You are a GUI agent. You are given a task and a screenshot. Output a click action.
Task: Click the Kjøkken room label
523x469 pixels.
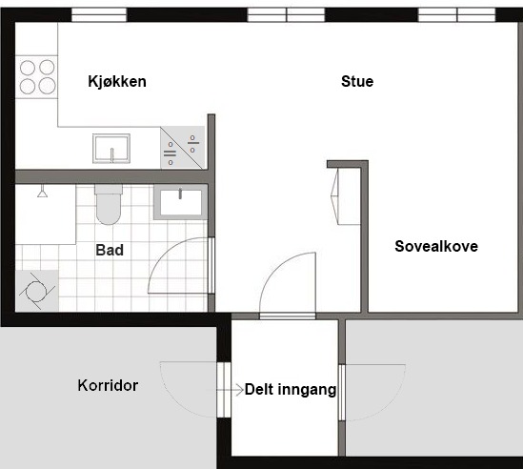117,81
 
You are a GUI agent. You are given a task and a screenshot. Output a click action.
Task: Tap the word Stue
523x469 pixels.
357,81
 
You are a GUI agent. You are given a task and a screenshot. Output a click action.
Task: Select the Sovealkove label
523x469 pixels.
436,246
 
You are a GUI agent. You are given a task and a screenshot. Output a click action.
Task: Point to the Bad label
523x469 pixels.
110,250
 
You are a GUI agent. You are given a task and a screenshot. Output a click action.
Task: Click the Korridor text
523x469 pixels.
108,385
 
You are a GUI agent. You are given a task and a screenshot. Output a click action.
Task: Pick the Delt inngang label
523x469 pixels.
291,390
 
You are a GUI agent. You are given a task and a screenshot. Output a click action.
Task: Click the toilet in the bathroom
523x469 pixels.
109,204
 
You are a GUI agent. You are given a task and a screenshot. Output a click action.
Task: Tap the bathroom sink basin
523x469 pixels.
180,202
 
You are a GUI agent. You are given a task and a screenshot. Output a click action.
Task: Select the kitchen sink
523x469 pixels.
111,149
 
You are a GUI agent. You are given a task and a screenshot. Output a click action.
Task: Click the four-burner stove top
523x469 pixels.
37,77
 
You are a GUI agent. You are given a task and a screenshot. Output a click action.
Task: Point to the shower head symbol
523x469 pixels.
42,192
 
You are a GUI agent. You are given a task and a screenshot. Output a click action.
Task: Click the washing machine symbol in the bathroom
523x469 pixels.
37,291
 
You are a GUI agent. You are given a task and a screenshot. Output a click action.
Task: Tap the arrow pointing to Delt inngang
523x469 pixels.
231,390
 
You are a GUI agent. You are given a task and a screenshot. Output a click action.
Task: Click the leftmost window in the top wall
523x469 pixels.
99,15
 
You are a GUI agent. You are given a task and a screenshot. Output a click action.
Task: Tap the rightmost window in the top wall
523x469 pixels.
457,15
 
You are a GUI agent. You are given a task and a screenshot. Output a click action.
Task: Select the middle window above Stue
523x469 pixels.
286,15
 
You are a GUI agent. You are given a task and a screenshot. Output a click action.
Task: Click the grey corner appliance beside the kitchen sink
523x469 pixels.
183,148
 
